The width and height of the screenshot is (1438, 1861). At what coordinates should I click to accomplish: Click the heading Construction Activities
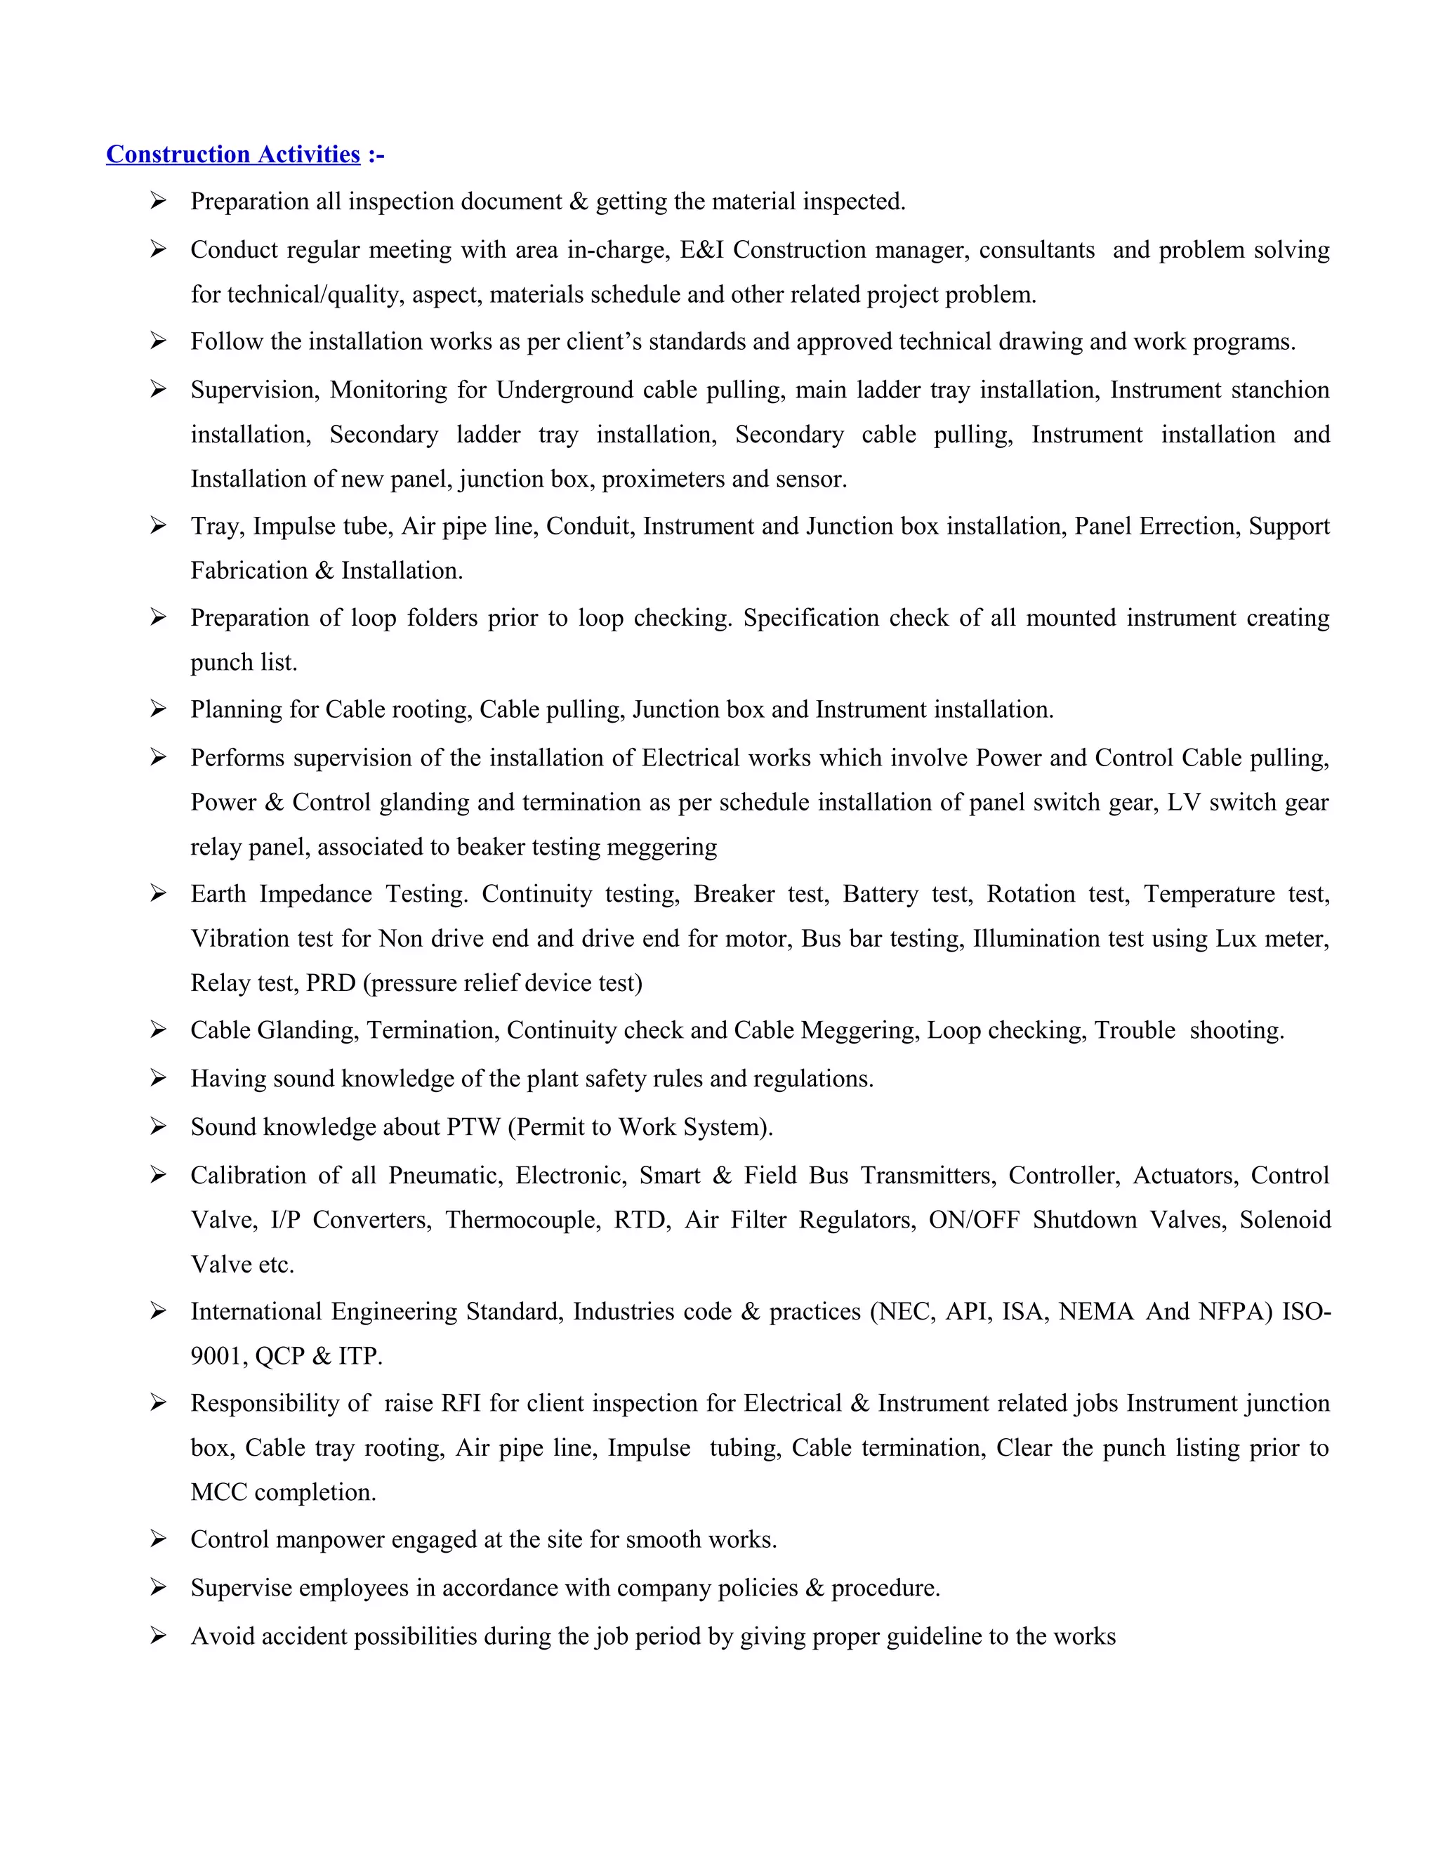232,154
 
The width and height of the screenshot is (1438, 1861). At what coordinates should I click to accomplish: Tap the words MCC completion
283,1492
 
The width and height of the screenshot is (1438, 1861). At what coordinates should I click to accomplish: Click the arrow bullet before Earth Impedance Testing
157,893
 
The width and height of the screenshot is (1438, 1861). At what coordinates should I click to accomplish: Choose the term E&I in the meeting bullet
701,250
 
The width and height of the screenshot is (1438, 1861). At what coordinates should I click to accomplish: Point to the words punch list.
244,662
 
